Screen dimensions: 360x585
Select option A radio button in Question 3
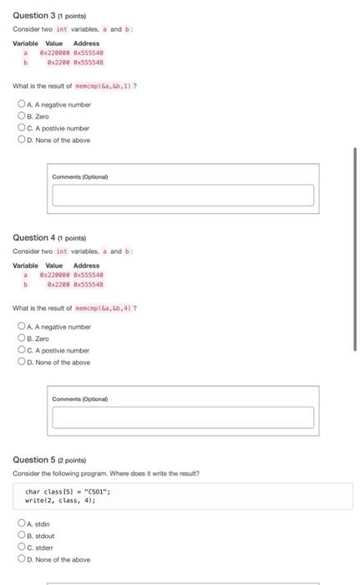point(21,104)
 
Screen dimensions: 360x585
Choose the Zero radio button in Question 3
point(21,116)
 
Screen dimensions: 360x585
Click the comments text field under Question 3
point(183,195)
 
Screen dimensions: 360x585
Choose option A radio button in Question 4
point(21,327)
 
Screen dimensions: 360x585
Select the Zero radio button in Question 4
point(21,338)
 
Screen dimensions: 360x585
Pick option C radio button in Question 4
point(21,350)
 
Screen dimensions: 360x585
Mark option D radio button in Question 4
point(21,362)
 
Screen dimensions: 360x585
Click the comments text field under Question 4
point(183,417)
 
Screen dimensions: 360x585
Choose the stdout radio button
point(21,537)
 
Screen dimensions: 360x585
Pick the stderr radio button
point(21,548)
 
